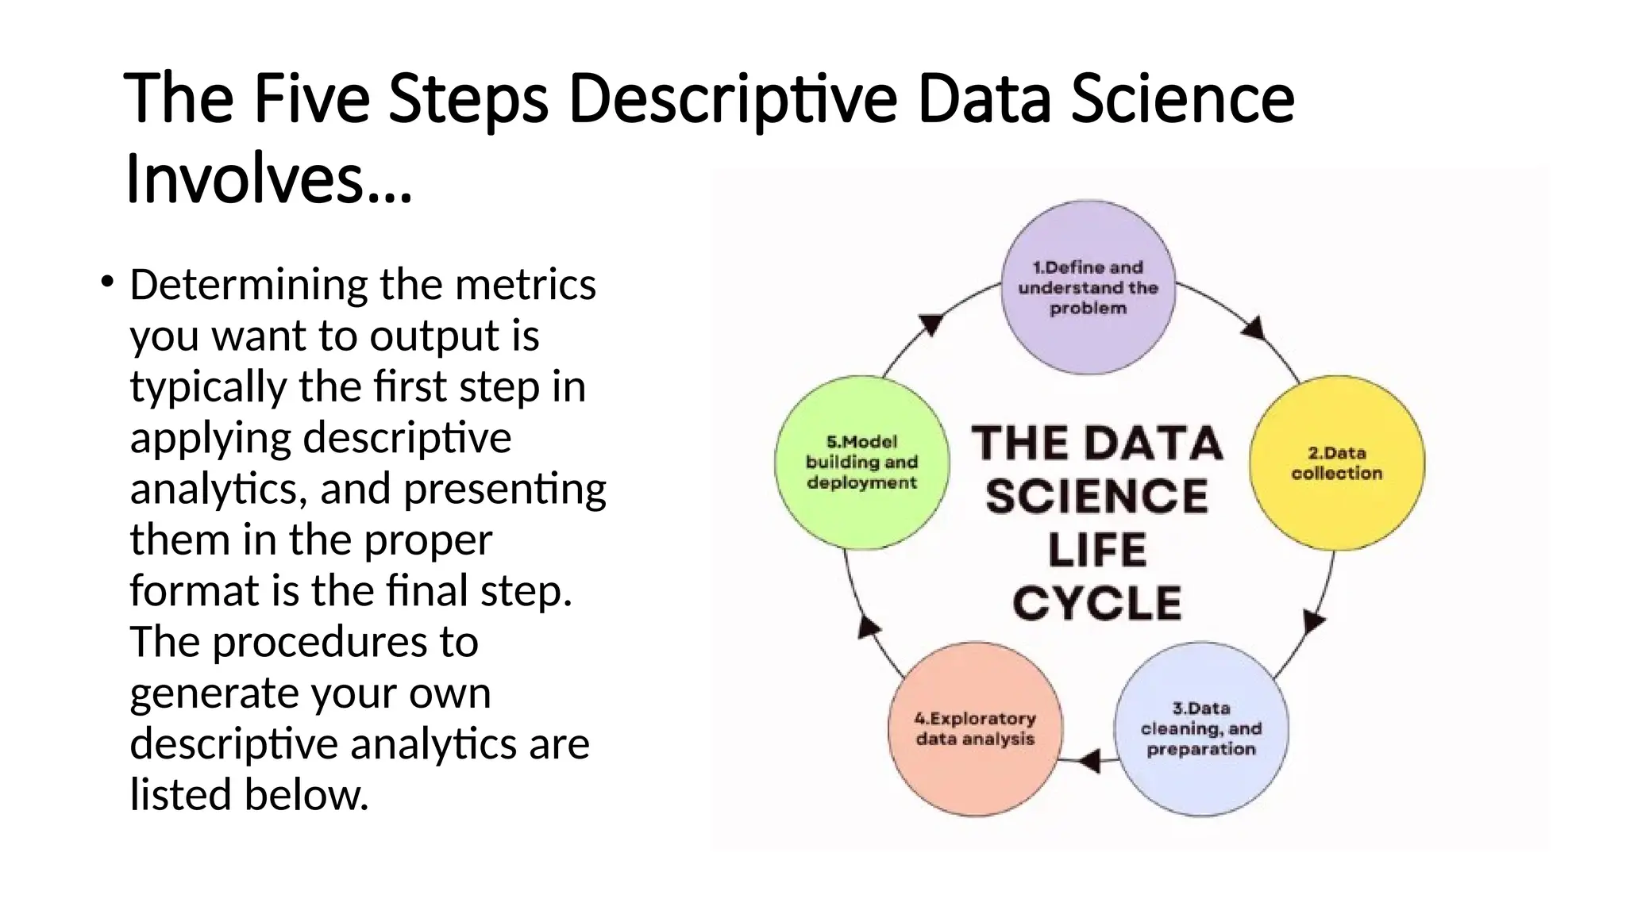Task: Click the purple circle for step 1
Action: click(x=1088, y=287)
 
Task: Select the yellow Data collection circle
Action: click(x=1336, y=463)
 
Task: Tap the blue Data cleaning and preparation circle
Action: click(x=1201, y=728)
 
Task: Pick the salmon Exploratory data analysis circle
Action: click(x=975, y=728)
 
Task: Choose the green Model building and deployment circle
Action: click(x=861, y=463)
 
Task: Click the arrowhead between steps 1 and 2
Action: click(x=1254, y=327)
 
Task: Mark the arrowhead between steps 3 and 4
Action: click(x=1090, y=761)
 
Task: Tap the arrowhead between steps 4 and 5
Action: click(x=869, y=628)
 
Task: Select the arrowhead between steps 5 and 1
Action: click(x=931, y=324)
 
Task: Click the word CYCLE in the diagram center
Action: click(x=1097, y=603)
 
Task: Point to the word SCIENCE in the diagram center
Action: click(x=1097, y=497)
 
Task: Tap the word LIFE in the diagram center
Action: click(x=1097, y=550)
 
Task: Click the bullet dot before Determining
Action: click(x=106, y=281)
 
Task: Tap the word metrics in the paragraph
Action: click(x=524, y=284)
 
